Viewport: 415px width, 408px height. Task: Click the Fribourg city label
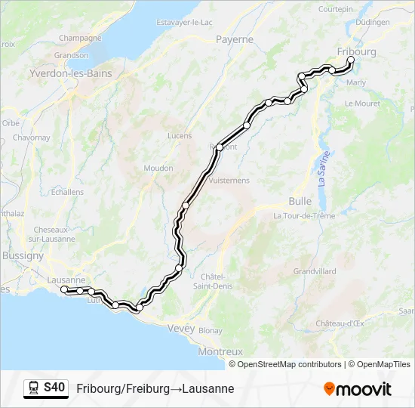pyautogui.click(x=356, y=51)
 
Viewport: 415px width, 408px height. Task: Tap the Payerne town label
pyautogui.click(x=234, y=39)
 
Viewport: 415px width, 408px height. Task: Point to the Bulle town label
pyautogui.click(x=300, y=201)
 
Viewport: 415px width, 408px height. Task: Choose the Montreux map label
pyautogui.click(x=220, y=351)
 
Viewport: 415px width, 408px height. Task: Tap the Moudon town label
pyautogui.click(x=158, y=168)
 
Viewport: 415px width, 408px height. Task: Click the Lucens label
pyautogui.click(x=179, y=136)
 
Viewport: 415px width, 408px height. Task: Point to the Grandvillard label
pyautogui.click(x=314, y=270)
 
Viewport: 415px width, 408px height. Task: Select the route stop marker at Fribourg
pyautogui.click(x=350, y=60)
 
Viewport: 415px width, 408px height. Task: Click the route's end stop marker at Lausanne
pyautogui.click(x=64, y=289)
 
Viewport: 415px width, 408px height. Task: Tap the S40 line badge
pyautogui.click(x=54, y=388)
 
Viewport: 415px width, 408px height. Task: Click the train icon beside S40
pyautogui.click(x=34, y=388)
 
